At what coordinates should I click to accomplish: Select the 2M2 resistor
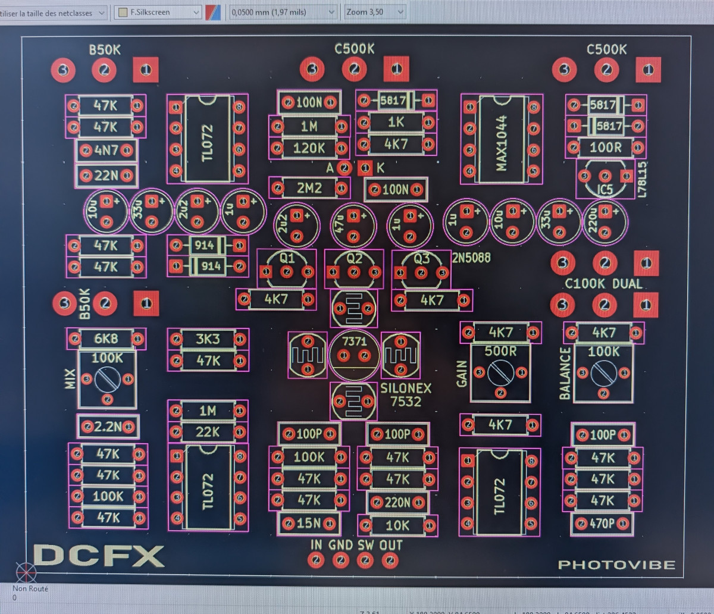click(x=309, y=188)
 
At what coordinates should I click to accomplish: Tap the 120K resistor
click(x=309, y=148)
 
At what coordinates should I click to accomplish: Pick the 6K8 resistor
click(x=107, y=339)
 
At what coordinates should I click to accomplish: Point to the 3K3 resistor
click(x=208, y=339)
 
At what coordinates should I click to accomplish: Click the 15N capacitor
click(x=309, y=524)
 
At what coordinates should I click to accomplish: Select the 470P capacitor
click(x=603, y=524)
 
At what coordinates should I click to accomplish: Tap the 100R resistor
click(x=605, y=147)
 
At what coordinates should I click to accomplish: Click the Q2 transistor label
click(x=354, y=259)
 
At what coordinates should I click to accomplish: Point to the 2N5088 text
click(x=471, y=258)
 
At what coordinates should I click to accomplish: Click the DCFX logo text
click(x=99, y=556)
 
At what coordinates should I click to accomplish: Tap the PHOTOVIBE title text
click(x=616, y=565)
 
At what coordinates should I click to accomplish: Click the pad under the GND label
click(x=340, y=560)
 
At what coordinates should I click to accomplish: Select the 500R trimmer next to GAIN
click(x=500, y=372)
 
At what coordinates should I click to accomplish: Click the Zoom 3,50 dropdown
click(x=375, y=12)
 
